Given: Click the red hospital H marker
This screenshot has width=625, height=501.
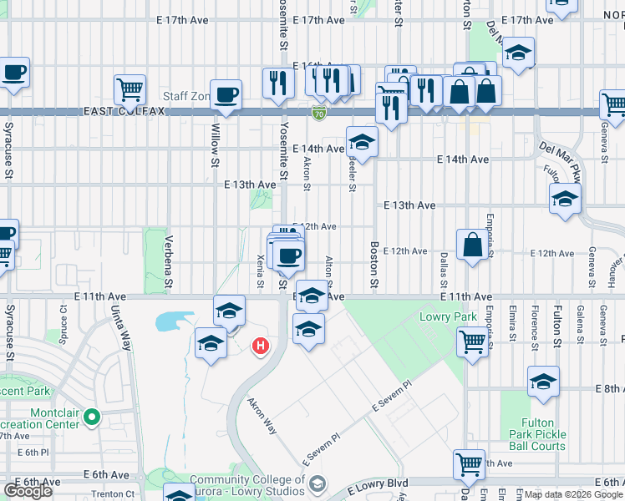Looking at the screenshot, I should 262,344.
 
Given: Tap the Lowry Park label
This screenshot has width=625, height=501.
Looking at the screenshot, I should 454,317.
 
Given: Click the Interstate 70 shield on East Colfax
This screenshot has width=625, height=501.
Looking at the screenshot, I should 318,111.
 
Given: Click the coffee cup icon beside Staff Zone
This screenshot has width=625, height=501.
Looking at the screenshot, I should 225,94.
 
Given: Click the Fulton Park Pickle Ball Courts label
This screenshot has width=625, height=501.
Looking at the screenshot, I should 537,434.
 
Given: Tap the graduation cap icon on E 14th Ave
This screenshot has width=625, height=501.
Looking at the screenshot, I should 362,141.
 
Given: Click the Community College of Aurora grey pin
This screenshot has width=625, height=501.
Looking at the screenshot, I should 317,483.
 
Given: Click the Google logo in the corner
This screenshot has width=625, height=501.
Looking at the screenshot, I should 28,491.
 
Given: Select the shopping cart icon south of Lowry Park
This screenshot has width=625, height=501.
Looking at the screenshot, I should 473,341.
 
